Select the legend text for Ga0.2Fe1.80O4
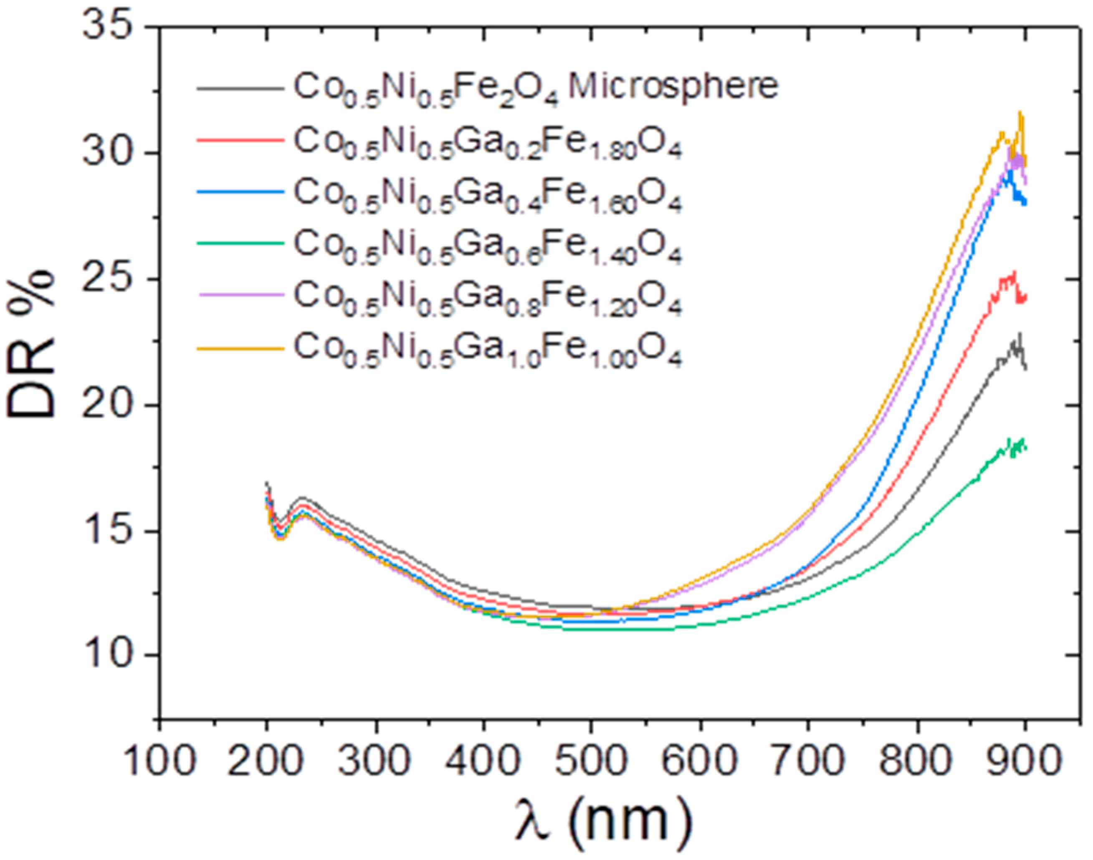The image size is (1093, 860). pos(487,144)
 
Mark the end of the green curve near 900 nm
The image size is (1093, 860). pos(1024,447)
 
